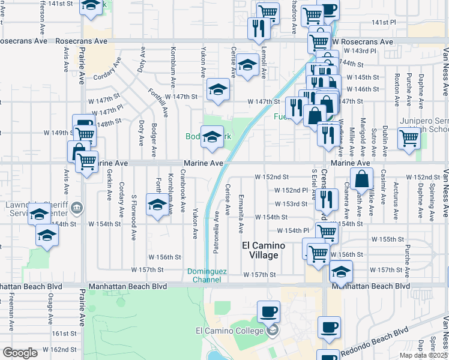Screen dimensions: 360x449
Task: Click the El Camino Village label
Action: pyautogui.click(x=260, y=250)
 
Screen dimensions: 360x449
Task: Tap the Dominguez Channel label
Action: pyautogui.click(x=207, y=275)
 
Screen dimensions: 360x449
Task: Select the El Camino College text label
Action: pyautogui.click(x=230, y=331)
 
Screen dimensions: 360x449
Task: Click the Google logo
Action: pyautogui.click(x=20, y=353)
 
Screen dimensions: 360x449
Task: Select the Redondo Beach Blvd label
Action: pyautogui.click(x=374, y=341)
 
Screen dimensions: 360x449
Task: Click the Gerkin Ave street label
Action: pyautogui.click(x=109, y=187)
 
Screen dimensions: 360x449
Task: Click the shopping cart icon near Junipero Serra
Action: pyautogui.click(x=409, y=138)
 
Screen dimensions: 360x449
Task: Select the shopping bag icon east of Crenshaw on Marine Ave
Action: pyautogui.click(x=363, y=179)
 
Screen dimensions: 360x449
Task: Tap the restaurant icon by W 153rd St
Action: pyautogui.click(x=326, y=199)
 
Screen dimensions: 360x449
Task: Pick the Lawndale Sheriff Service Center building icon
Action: pyautogui.click(x=76, y=209)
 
